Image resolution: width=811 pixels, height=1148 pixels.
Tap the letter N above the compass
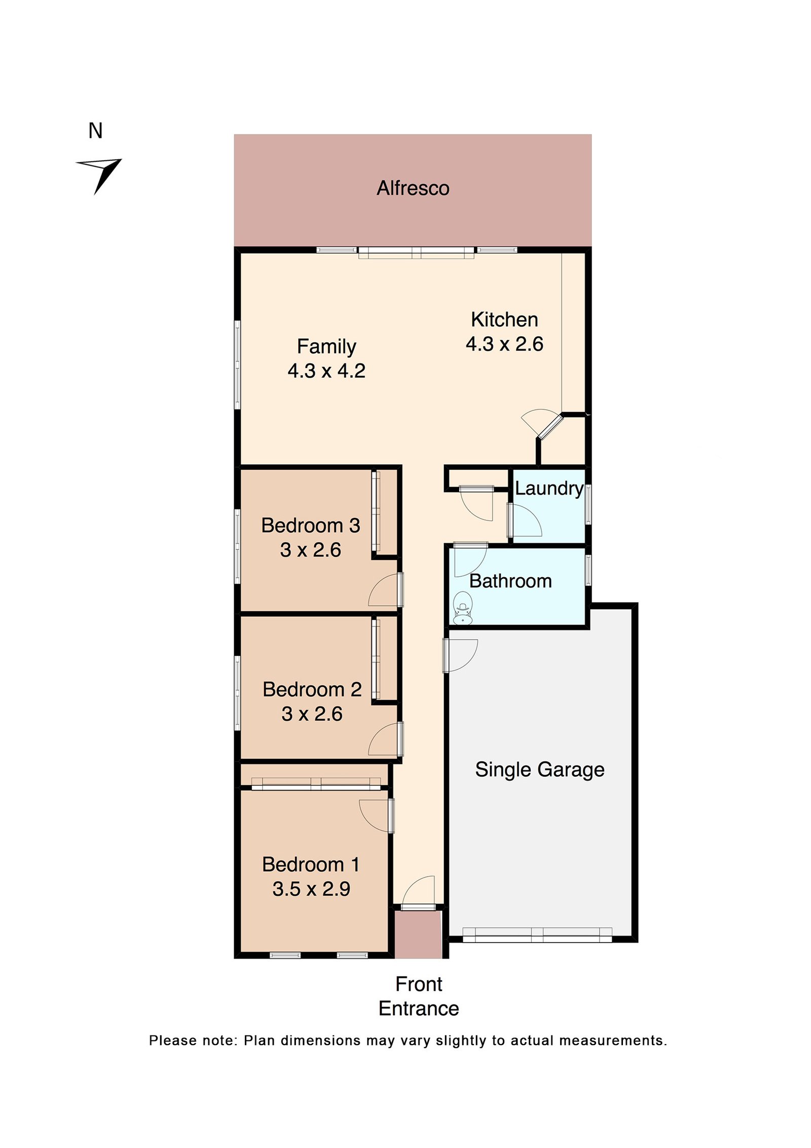coord(95,131)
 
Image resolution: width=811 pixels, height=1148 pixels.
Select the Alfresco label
coord(413,188)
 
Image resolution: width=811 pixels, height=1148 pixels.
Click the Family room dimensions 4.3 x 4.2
coord(326,371)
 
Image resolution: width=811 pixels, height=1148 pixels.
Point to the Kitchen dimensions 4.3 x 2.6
coord(504,344)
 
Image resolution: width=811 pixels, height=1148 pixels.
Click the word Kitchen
coord(504,320)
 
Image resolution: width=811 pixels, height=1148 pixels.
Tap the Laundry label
coord(549,489)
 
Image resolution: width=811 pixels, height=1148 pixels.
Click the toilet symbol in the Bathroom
coord(462,608)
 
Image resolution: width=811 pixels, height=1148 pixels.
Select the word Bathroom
coord(510,581)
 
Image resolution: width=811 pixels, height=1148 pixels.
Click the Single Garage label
coord(539,770)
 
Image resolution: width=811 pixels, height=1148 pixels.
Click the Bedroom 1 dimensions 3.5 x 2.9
coord(311,889)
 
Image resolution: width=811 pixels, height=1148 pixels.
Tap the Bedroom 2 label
coord(312,689)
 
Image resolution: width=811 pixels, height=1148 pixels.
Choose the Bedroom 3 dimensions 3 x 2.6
coord(310,550)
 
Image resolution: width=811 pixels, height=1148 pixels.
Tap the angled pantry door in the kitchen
coord(550,426)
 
